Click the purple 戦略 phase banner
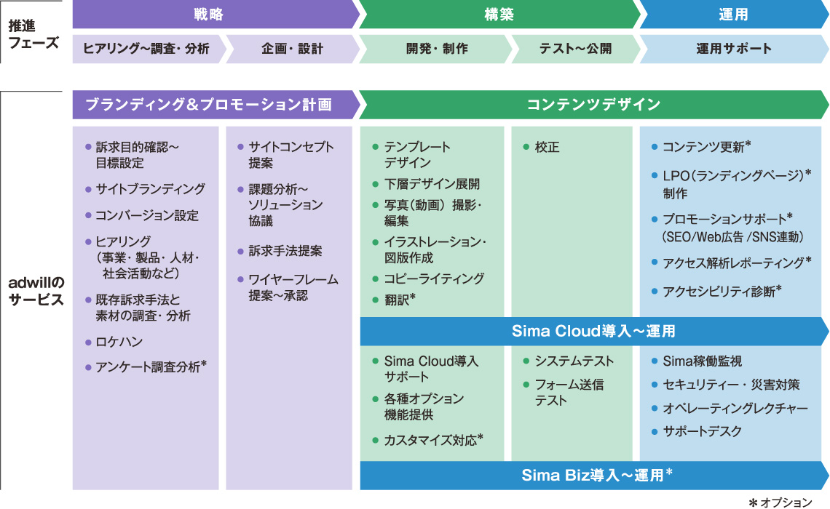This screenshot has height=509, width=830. tap(215, 15)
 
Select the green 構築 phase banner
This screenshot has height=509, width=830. tap(499, 15)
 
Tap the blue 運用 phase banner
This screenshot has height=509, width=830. tap(734, 15)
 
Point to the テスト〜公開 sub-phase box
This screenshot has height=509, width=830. tap(575, 49)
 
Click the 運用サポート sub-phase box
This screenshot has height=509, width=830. tap(734, 49)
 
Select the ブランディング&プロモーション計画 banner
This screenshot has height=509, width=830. tap(215, 105)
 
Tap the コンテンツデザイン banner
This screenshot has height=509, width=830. tap(593, 105)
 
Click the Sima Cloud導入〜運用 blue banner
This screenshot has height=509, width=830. tap(593, 332)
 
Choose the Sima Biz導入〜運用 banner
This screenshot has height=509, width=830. tap(593, 475)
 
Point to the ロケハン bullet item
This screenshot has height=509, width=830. tap(114, 342)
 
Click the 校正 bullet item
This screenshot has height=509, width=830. tap(541, 147)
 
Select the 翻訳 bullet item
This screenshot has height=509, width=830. tap(394, 300)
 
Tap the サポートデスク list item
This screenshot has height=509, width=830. tap(697, 431)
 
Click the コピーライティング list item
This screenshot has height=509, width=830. tap(428, 278)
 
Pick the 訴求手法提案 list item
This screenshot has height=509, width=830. tap(280, 251)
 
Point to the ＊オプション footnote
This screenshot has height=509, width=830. tap(780, 502)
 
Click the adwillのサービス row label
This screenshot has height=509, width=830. tap(36, 292)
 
